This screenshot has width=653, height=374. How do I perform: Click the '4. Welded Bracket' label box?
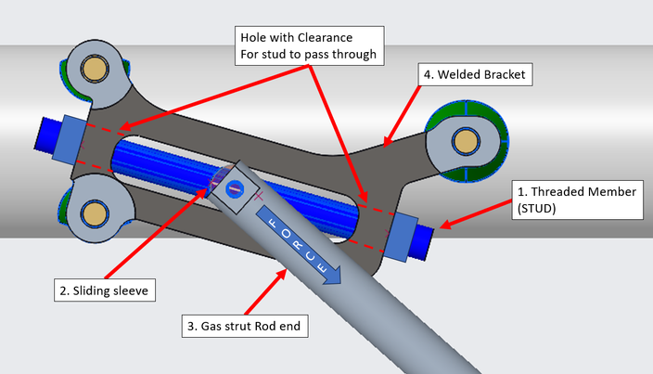tap(473, 73)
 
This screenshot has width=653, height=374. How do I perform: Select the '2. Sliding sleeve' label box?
tap(103, 290)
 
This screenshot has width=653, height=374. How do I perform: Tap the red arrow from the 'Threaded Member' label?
tap(478, 215)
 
